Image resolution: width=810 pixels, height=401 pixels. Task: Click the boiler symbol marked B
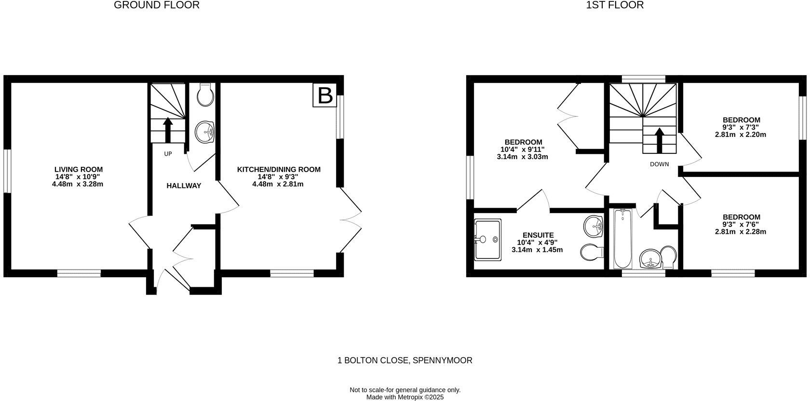(x=325, y=95)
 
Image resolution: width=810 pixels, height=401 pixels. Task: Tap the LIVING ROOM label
(x=78, y=170)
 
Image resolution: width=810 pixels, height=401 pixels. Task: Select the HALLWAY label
(x=184, y=186)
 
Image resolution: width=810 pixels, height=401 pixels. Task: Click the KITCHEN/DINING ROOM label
(x=278, y=170)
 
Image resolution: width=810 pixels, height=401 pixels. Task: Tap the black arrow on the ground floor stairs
(x=168, y=130)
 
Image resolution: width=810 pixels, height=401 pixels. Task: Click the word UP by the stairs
(x=168, y=154)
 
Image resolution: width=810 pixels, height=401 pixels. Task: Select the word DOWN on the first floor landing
(x=659, y=164)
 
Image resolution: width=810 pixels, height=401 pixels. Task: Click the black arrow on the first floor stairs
(x=659, y=139)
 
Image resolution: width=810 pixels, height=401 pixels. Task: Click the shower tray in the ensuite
(x=488, y=240)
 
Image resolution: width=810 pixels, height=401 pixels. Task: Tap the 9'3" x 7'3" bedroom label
(x=741, y=120)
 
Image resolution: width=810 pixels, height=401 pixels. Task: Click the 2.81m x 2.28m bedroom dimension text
(x=741, y=232)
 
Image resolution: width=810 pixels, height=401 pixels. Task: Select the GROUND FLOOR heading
(x=157, y=5)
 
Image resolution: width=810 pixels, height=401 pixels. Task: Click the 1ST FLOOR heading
(x=615, y=5)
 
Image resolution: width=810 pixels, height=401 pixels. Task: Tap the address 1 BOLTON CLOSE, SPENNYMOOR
(x=405, y=361)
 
